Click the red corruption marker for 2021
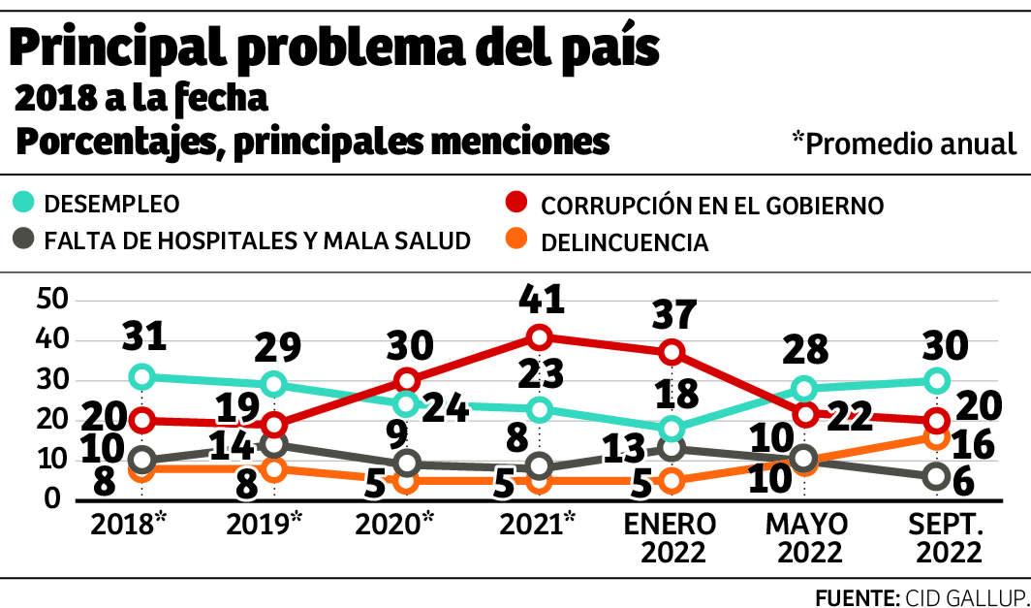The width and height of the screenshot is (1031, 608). [x=540, y=337]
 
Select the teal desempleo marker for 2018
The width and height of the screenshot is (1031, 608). [x=142, y=376]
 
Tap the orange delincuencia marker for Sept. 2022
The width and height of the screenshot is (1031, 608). [x=936, y=437]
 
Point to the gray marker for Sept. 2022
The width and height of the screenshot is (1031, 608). [x=936, y=476]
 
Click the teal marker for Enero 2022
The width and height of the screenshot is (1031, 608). [x=672, y=429]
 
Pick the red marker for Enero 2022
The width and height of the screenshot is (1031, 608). [x=672, y=352]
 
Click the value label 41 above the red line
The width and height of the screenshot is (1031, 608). [x=541, y=298]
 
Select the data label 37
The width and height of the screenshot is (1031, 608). [x=673, y=314]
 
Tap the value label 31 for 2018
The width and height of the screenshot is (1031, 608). [x=145, y=336]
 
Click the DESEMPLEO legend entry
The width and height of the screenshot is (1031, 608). [x=111, y=205]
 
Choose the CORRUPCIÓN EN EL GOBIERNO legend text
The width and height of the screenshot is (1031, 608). [x=712, y=206]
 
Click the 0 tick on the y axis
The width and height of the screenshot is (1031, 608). [x=55, y=499]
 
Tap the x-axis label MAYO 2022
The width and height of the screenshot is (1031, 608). [x=806, y=538]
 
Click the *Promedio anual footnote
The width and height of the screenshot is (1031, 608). [x=904, y=144]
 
